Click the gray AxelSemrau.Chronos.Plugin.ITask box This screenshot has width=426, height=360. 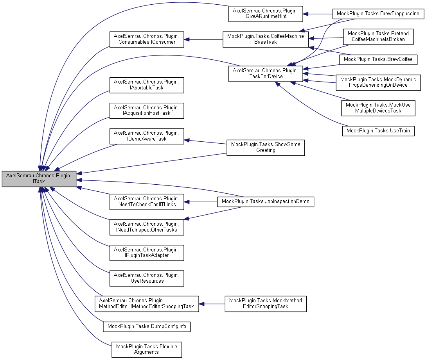39,178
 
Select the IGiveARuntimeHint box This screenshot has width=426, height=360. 266,14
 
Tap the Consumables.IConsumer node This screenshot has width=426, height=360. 146,39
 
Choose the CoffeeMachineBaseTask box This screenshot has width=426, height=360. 266,39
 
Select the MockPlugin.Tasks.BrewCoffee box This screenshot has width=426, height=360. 378,59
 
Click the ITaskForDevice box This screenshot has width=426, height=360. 266,73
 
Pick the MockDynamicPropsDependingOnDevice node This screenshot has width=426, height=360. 379,82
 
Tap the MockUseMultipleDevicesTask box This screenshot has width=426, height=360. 378,108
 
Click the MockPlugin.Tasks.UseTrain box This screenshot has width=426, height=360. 378,130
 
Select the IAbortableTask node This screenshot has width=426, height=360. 146,85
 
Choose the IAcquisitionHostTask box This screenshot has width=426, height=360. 146,110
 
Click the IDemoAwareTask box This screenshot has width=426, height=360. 146,135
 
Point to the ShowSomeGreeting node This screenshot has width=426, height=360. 266,147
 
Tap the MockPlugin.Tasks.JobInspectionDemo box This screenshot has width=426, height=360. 266,201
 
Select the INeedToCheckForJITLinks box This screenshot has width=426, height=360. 146,201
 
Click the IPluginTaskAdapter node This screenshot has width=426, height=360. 146,252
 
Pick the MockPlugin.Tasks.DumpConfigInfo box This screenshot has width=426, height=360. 146,326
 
